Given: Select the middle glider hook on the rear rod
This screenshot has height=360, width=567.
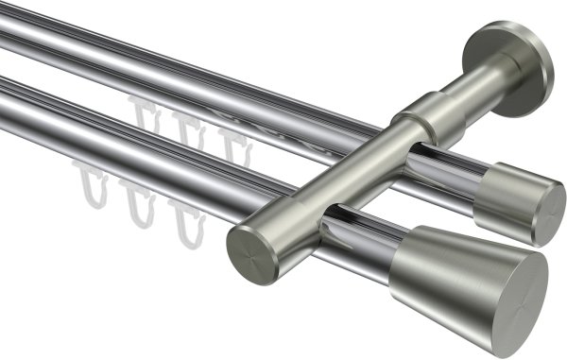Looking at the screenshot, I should [x=186, y=132].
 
